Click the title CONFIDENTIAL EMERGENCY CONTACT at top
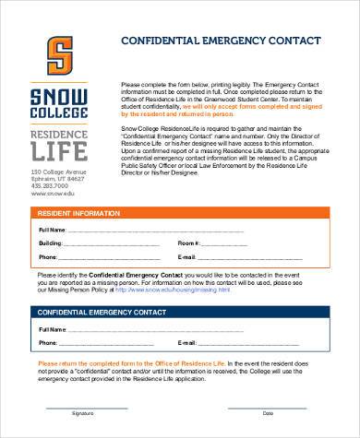[221, 41]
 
